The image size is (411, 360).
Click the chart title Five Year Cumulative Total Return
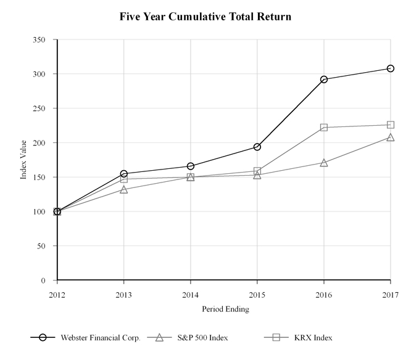(205, 17)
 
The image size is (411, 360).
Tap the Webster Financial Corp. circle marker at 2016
(324, 80)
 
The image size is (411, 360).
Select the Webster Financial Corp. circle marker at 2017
(391, 68)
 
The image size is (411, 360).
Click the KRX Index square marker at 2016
(324, 128)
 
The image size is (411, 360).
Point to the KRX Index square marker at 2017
(391, 125)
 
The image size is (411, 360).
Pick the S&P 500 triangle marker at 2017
(391, 137)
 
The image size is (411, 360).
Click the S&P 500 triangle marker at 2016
(324, 163)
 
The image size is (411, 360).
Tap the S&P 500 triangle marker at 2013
(124, 189)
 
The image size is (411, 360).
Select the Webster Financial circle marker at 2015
(257, 147)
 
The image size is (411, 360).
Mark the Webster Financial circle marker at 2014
(191, 166)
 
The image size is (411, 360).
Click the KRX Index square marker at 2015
(257, 171)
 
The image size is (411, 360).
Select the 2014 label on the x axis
(191, 294)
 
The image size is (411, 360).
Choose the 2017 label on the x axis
(390, 294)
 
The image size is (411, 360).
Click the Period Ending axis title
(225, 309)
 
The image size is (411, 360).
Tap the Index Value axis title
(23, 160)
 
